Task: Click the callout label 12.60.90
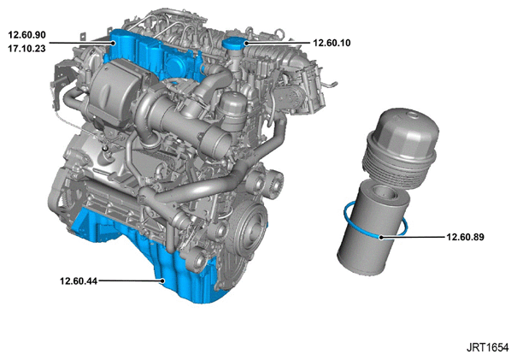tap(27, 35)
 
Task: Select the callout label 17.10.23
tap(27, 49)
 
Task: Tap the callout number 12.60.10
tap(332, 43)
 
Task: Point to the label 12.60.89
tap(465, 237)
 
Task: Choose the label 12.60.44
tap(79, 281)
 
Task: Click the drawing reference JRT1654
tap(487, 347)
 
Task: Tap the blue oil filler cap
tap(234, 44)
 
